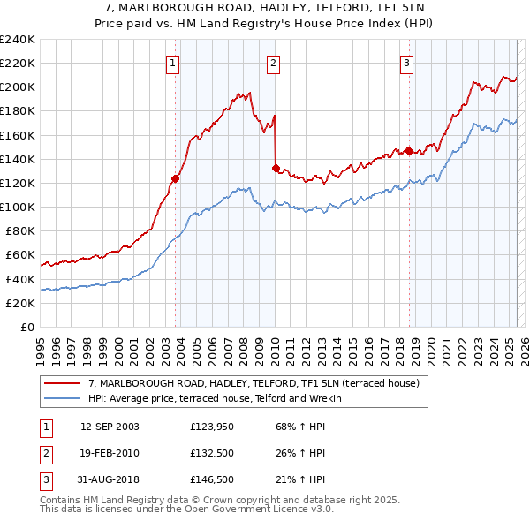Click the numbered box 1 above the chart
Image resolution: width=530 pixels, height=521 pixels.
172,63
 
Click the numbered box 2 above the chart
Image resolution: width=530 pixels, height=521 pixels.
274,63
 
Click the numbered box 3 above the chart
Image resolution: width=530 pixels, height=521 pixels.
406,63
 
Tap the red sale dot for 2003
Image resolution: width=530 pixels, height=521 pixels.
175,178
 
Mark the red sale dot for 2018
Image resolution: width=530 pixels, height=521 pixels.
409,151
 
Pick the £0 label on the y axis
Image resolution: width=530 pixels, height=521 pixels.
26,327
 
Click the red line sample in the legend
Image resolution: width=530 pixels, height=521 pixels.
62,383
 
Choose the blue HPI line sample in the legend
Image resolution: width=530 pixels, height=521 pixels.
62,398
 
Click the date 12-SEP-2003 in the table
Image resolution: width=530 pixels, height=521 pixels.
110,427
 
